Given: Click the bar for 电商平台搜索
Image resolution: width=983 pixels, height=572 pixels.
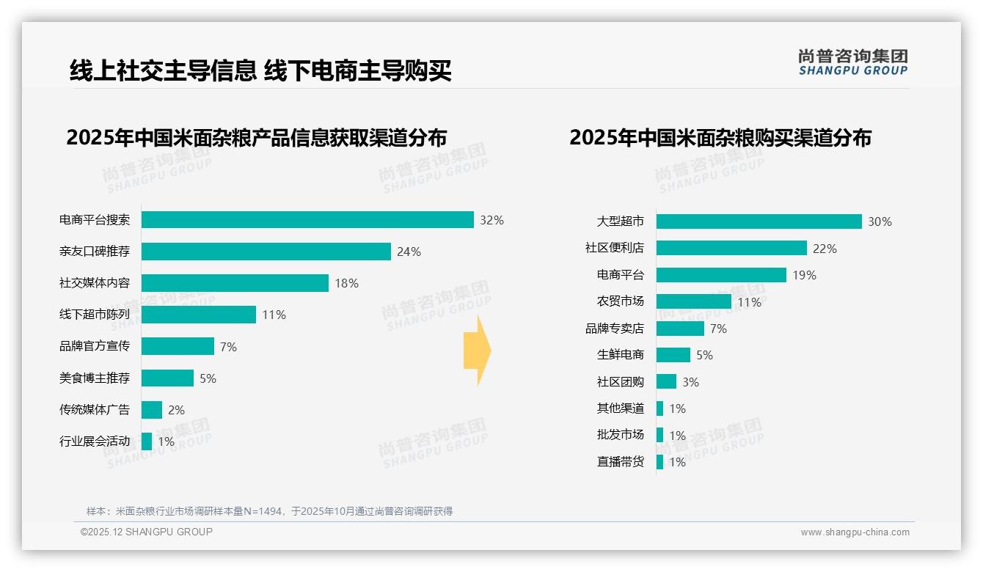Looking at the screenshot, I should pyautogui.click(x=307, y=220).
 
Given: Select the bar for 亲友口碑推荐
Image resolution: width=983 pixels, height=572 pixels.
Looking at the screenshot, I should pyautogui.click(x=266, y=252).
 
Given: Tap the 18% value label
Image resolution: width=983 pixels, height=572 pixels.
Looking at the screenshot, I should pyautogui.click(x=347, y=283).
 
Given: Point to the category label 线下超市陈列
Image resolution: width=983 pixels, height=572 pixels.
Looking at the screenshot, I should pyautogui.click(x=95, y=315).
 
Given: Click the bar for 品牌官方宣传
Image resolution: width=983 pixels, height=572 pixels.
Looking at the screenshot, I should pyautogui.click(x=178, y=346).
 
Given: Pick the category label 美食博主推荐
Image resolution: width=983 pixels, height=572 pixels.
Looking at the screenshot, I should pyautogui.click(x=95, y=378).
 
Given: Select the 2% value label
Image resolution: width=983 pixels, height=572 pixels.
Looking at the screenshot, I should pyautogui.click(x=176, y=410).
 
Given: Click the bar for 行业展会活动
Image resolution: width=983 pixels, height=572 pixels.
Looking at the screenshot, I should pyautogui.click(x=147, y=441).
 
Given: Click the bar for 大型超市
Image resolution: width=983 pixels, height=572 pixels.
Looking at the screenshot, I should pyautogui.click(x=759, y=221).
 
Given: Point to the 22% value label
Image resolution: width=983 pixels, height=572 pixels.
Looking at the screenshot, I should pyautogui.click(x=825, y=249).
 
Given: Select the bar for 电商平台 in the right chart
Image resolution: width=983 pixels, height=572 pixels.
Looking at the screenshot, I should pyautogui.click(x=721, y=275).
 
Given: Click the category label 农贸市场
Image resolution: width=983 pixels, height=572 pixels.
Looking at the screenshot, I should pyautogui.click(x=621, y=301).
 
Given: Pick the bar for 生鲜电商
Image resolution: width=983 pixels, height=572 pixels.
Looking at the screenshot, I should pyautogui.click(x=673, y=355).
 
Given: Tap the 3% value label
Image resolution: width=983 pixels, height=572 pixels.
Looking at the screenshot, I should pyautogui.click(x=690, y=382).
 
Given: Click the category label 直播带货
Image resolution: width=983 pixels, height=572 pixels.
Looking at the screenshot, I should pyautogui.click(x=621, y=462).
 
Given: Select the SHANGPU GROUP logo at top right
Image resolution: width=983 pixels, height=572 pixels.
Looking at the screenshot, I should pyautogui.click(x=852, y=62).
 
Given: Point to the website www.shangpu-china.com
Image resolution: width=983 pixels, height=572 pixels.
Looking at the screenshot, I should pyautogui.click(x=855, y=532).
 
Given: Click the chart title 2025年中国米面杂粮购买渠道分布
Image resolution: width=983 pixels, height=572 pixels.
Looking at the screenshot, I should pyautogui.click(x=720, y=138).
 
